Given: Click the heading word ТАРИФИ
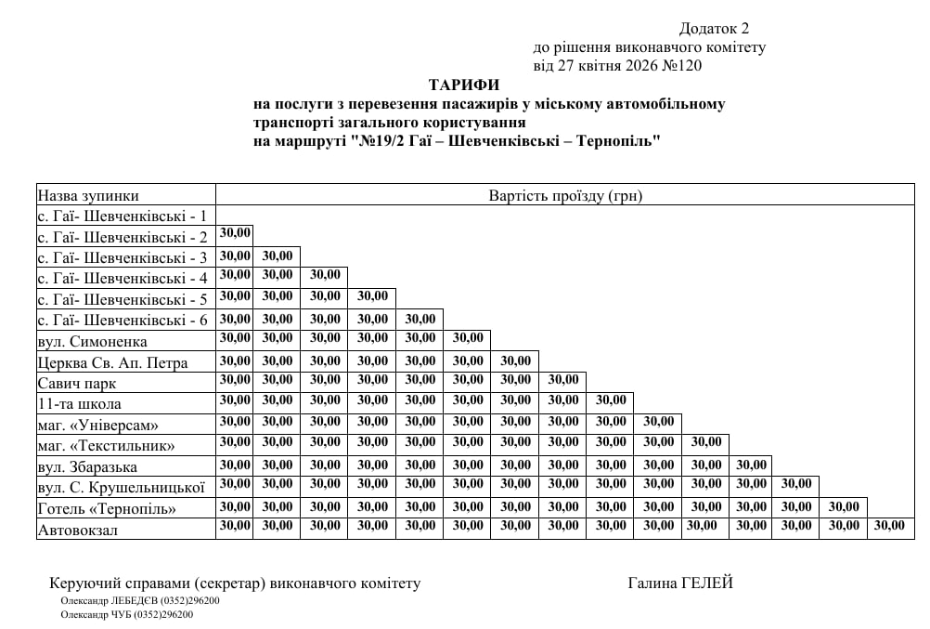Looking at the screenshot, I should pos(464,85).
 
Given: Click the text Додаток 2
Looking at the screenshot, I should pos(714,29).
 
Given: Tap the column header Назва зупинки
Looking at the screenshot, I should pos(88,195).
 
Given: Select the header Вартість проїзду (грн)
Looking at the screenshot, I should pos(565,195).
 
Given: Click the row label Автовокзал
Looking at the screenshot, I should pos(79,530).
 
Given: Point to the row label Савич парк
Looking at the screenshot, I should pos(77,383).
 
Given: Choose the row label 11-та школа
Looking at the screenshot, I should pos(79,404).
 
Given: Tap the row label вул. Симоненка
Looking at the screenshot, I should pos(92,341).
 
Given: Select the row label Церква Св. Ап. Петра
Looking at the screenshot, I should pos(112,362).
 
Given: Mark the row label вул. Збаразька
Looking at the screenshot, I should pos(87,466).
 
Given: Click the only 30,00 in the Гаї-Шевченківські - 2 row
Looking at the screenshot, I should pos(235,233).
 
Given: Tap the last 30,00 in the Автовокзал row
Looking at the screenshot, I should pos(889,526).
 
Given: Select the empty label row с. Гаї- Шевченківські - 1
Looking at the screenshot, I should pos(122,216).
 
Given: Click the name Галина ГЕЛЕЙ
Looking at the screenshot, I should pos(680,583).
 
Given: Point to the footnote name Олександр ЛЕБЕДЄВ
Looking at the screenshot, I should pos(103,600).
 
